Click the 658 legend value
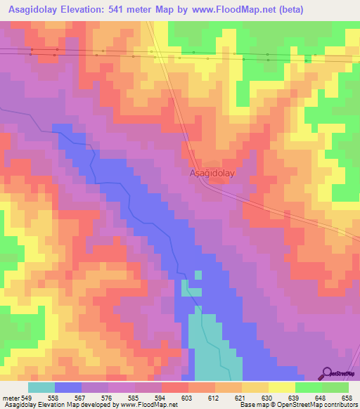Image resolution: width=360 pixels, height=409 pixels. tap(347, 397)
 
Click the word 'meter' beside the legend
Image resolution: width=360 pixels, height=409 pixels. tap(12, 397)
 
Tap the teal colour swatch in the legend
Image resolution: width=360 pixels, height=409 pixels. tap(41, 387)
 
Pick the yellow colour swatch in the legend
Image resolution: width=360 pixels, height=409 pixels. tap(283, 387)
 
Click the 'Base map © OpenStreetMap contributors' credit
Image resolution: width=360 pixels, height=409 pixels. tap(297, 405)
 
